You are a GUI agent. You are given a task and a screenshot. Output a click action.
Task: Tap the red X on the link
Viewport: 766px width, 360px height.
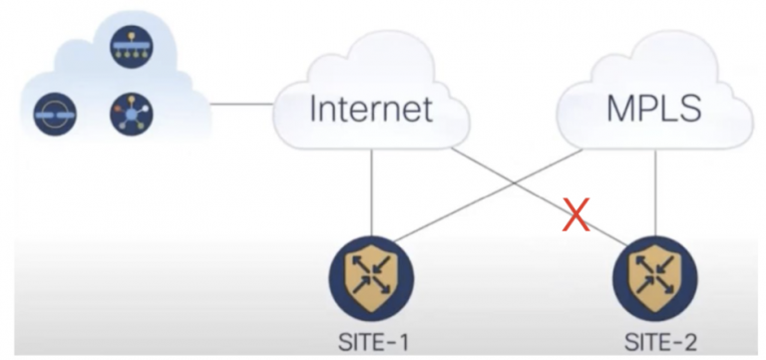[x=574, y=212]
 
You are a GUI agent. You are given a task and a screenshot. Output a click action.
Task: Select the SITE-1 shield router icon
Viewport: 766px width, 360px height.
[x=371, y=278]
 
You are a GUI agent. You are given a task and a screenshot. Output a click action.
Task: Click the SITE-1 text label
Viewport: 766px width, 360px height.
[x=371, y=342]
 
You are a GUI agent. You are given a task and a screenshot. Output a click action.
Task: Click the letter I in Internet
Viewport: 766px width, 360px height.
[x=315, y=109]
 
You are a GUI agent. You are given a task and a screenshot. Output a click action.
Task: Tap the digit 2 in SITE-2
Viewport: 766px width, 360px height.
[x=689, y=342]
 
